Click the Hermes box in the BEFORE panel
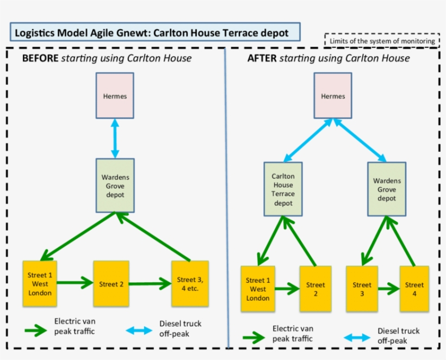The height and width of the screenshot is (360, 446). [115, 96]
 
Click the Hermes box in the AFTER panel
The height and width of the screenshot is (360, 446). [333, 96]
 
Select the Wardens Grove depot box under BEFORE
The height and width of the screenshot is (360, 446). [115, 185]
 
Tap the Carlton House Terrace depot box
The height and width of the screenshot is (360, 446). [283, 189]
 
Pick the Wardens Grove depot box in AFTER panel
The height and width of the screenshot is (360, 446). [387, 189]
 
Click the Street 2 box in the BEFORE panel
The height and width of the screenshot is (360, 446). [111, 284]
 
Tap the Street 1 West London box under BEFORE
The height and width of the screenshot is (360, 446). [40, 284]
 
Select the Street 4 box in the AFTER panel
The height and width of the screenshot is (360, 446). [414, 288]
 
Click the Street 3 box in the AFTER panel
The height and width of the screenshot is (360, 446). [362, 288]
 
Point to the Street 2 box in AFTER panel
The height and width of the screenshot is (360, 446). [315, 288]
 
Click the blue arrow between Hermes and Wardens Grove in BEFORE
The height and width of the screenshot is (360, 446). [115, 139]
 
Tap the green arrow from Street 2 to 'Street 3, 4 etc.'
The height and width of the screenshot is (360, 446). [150, 283]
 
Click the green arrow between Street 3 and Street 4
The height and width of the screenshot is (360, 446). [388, 288]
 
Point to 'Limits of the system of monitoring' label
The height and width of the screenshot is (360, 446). [382, 41]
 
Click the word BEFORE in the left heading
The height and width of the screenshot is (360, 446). [40, 58]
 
